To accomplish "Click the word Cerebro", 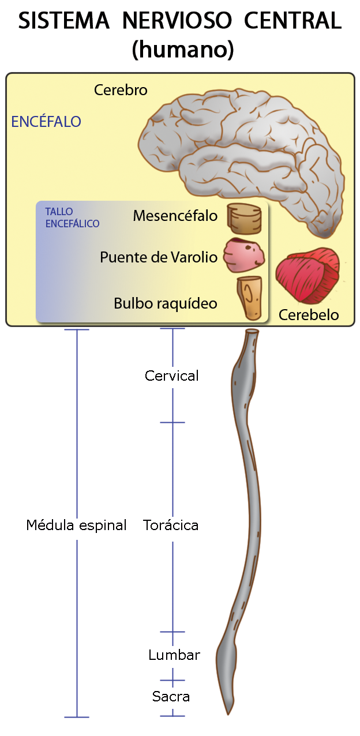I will (x=121, y=91).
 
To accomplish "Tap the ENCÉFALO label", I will (x=46, y=122).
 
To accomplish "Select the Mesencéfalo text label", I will (x=175, y=216).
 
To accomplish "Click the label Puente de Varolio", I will (x=159, y=257).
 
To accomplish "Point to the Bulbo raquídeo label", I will (x=166, y=303).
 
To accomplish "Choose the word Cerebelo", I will (x=309, y=315).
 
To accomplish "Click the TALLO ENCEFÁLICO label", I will (x=72, y=218).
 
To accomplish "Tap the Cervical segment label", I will (x=172, y=376).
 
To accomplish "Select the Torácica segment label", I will (x=171, y=525).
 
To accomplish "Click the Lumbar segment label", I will (x=174, y=655).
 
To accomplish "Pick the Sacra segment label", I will (x=171, y=697).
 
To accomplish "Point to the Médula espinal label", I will (x=76, y=525).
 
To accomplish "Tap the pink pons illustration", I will (x=245, y=256).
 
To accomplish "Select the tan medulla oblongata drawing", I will (x=250, y=298).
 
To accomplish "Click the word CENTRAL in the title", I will (x=293, y=21).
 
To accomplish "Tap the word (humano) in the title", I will (x=183, y=50).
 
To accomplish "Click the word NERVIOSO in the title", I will (x=177, y=21).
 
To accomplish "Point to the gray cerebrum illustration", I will (x=242, y=144).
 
